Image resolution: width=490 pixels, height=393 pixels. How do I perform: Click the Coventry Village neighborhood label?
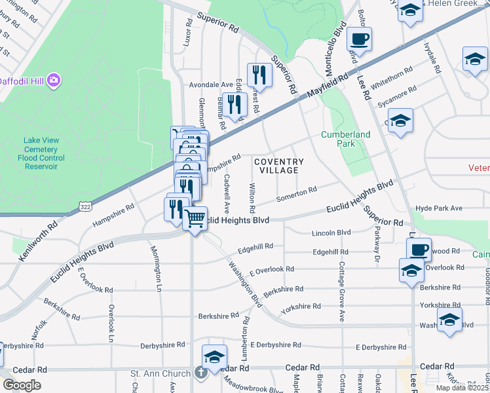[278, 166]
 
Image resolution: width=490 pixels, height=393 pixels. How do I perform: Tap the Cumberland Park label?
[345, 139]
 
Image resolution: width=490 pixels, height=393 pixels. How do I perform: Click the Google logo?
[21, 385]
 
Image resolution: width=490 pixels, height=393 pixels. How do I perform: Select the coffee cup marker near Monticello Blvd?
[359, 39]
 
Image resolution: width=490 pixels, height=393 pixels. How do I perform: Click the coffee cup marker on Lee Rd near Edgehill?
[419, 249]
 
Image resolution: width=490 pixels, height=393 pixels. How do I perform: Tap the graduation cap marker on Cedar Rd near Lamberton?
[214, 357]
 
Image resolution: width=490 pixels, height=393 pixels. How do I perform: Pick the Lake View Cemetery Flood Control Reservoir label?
[41, 153]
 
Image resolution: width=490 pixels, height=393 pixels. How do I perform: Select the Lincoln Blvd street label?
[331, 233]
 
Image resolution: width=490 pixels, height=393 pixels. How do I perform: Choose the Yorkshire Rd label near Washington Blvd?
[301, 307]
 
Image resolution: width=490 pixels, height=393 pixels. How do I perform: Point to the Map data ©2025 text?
[461, 388]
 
